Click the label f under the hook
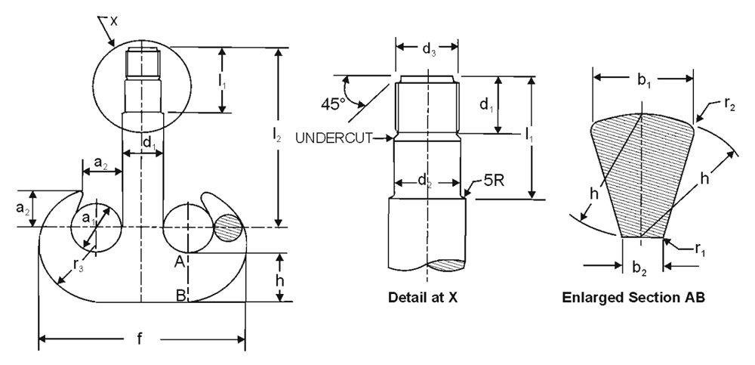[x=140, y=339]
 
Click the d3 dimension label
[x=428, y=51]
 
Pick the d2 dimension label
[x=425, y=181]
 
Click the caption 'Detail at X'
[x=422, y=297]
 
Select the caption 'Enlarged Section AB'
[x=633, y=297]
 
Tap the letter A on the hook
[x=180, y=261]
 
